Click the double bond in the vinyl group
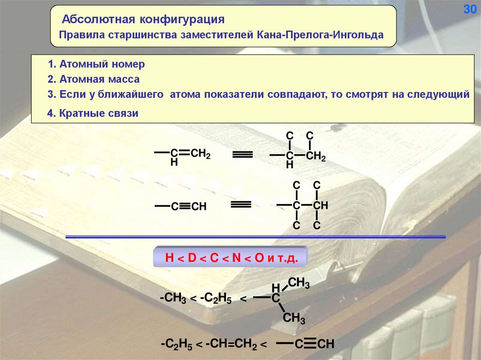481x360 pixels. pyautogui.click(x=184, y=152)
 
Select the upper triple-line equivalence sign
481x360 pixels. pyautogui.click(x=243, y=154)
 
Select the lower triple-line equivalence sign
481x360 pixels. pyautogui.click(x=241, y=204)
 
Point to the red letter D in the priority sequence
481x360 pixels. pyautogui.click(x=192, y=259)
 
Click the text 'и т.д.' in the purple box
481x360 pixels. pyautogui.click(x=282, y=259)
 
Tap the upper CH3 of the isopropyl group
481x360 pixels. pyautogui.click(x=298, y=283)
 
